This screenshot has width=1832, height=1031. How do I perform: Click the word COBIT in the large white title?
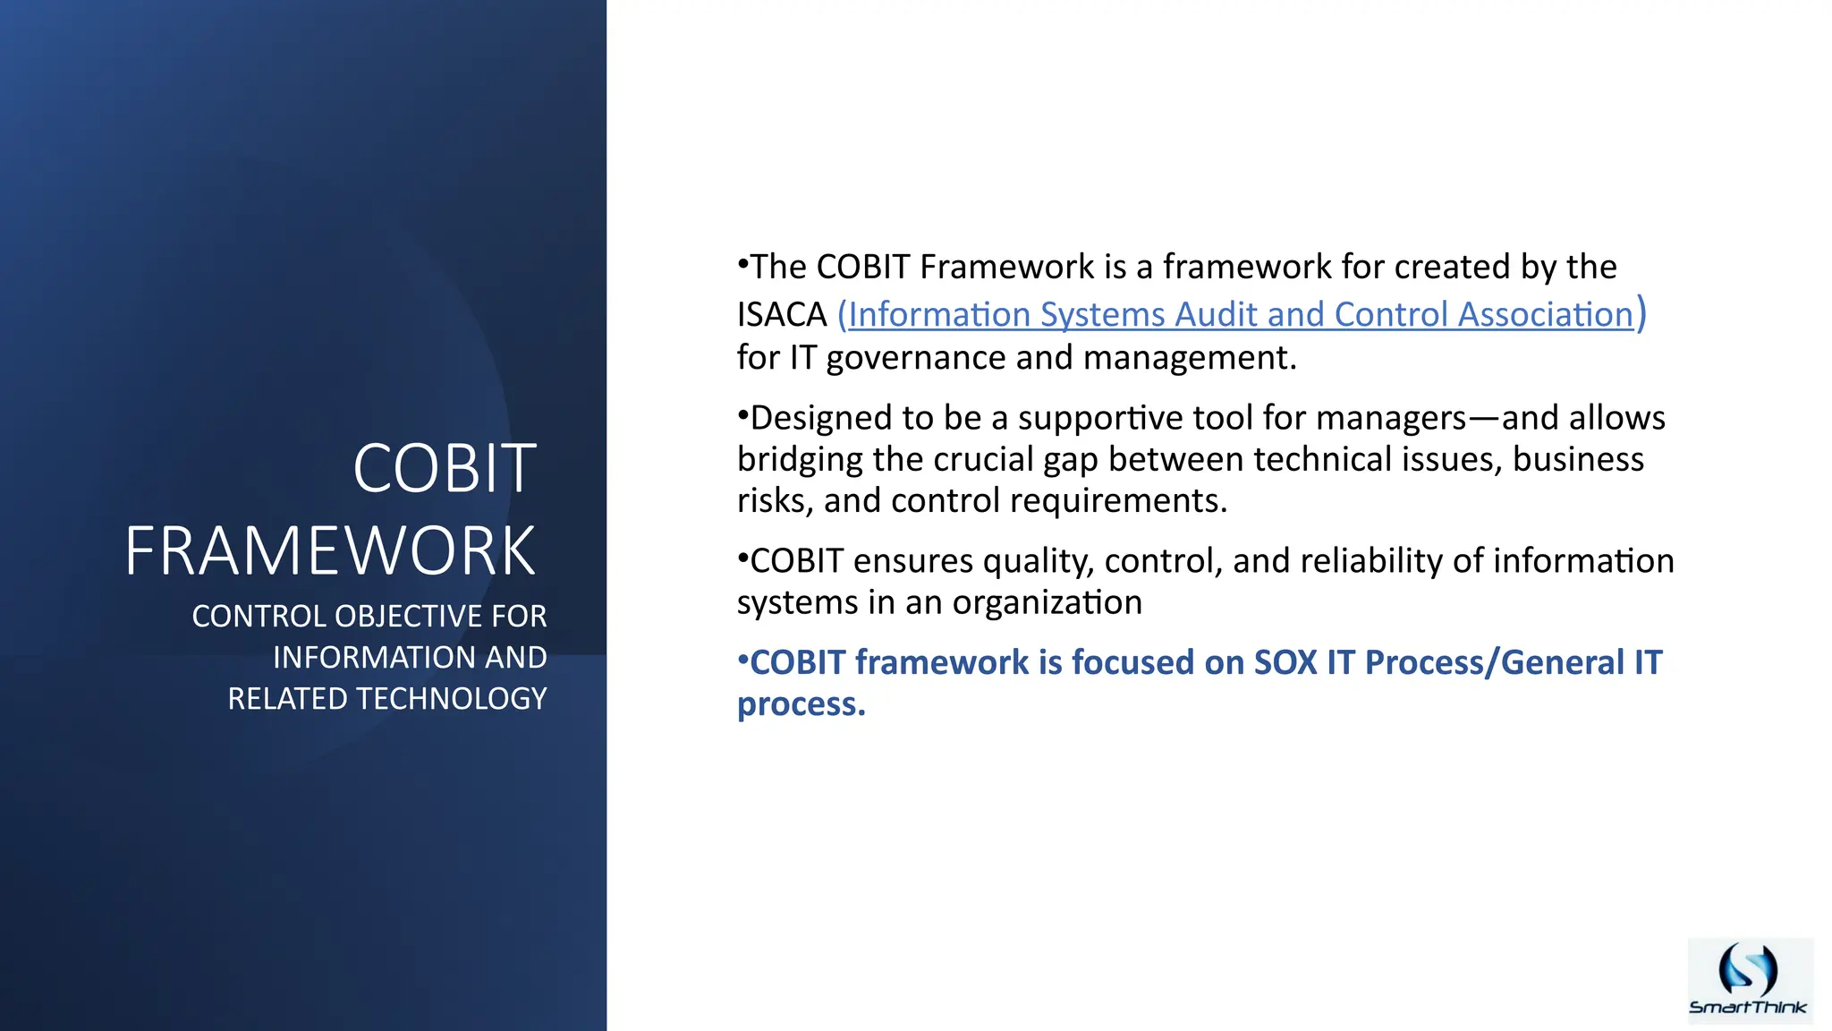coord(445,469)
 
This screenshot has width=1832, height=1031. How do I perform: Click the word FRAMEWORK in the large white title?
coord(330,551)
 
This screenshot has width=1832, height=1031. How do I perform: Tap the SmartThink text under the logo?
coord(1748,1008)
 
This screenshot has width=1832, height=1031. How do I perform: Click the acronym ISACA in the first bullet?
coord(782,315)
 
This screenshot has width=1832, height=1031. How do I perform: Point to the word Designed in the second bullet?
coord(820,419)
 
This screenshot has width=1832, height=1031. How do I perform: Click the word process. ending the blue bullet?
coord(801,705)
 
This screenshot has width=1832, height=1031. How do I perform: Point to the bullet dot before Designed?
coord(742,414)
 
